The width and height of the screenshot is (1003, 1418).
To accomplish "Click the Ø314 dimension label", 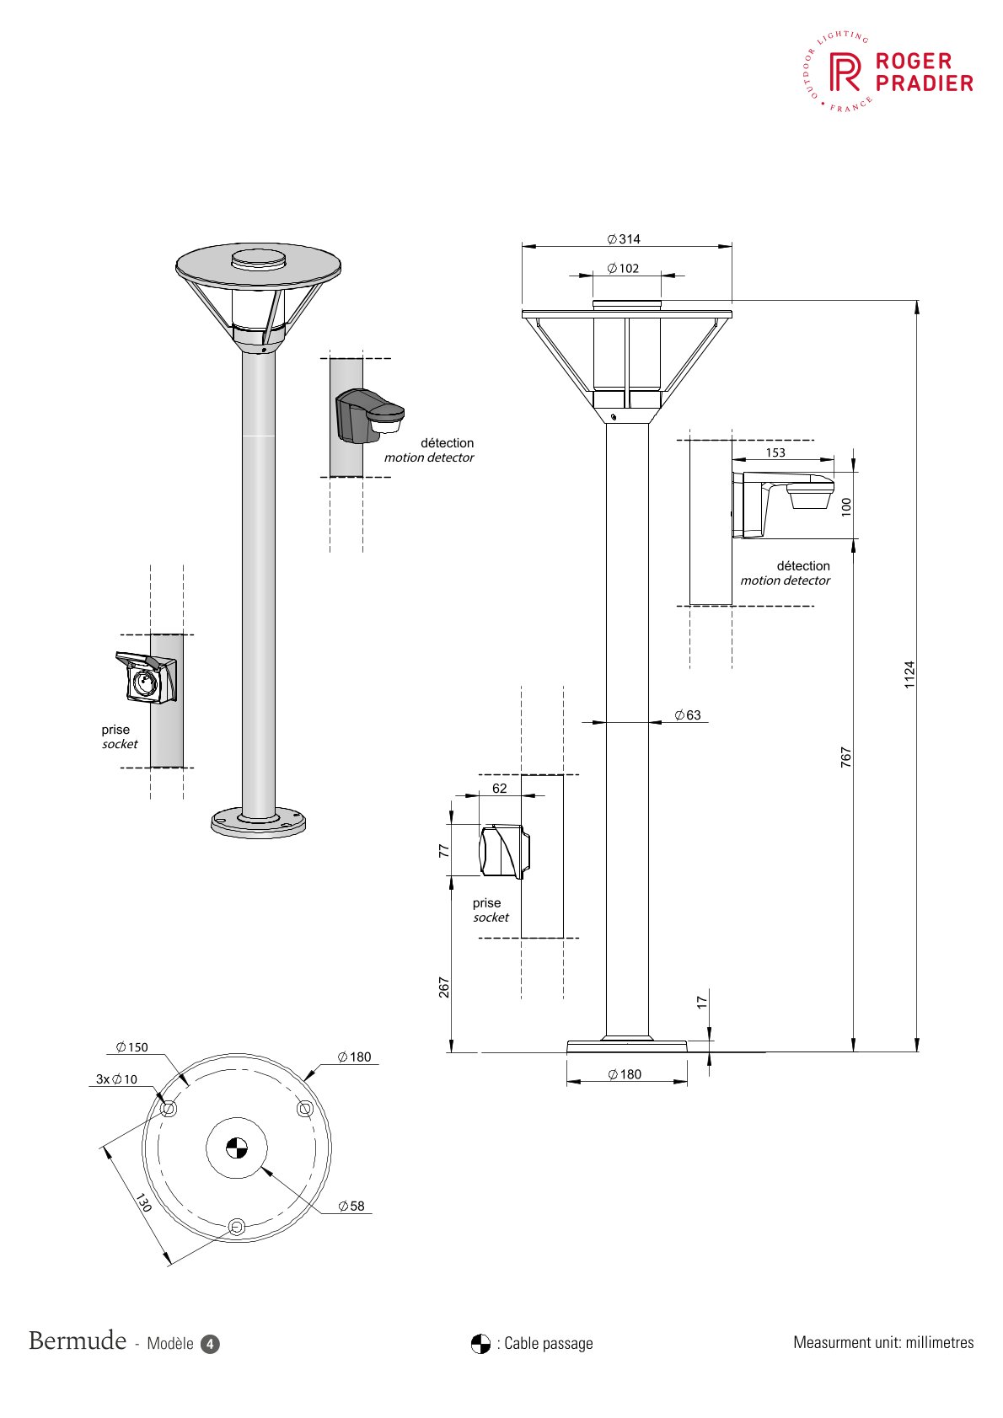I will pos(624,239).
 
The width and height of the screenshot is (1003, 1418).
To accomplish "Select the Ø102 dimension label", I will pos(624,269).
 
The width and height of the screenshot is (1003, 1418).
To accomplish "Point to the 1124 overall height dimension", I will pos(909,675).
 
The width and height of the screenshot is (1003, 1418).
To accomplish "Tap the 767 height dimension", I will pos(846,757).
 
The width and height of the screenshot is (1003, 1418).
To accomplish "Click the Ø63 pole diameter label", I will pos(688,715).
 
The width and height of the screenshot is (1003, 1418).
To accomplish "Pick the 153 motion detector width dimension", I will pos(775,452).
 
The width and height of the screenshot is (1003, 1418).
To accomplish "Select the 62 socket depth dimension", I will pos(500,789).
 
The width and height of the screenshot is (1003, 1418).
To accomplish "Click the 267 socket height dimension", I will pos(444,987).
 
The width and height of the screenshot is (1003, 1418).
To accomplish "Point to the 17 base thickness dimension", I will pos(702,1002).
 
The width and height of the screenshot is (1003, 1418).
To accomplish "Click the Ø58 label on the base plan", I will pos(351,1206).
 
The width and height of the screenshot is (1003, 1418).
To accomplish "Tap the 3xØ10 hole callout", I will pos(116,1079).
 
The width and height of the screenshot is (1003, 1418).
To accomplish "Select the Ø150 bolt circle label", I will pos(132,1047).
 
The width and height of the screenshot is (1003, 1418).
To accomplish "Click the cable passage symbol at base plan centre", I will pos(237,1147).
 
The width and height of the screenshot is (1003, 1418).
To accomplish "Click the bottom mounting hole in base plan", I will pos(237,1227).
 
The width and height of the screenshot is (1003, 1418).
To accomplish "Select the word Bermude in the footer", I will pos(78,1340).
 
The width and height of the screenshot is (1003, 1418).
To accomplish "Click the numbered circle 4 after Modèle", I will pos(210,1344).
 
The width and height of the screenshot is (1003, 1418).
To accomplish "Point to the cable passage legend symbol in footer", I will pos(480,1343).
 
